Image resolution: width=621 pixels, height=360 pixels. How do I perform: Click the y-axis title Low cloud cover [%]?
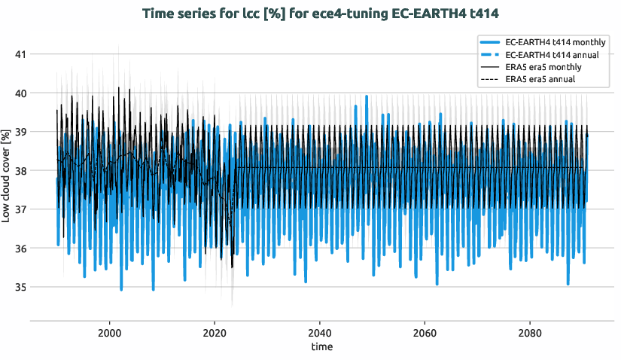coord(7,175)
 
